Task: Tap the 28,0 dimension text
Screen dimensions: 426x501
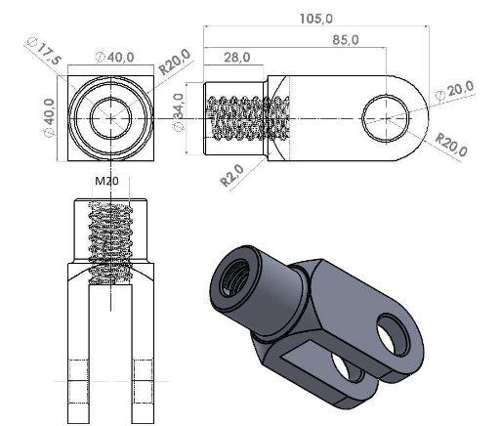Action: click(235, 58)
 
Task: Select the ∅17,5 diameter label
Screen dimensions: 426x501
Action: click(46, 52)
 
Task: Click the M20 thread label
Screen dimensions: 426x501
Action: click(107, 182)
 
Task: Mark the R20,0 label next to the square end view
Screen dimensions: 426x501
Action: click(175, 65)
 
